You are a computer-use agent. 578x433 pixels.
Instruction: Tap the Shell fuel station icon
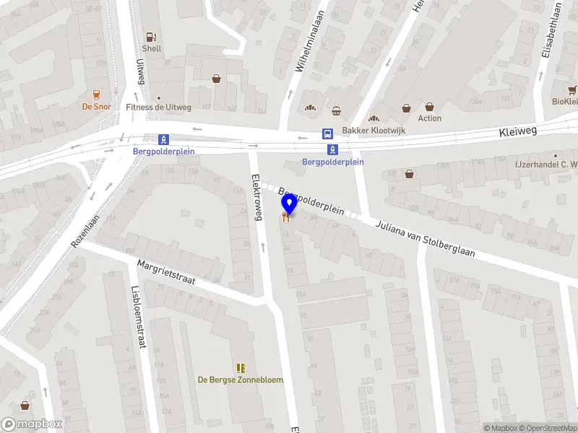pos(151,36)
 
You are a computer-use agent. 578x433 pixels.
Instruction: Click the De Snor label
pos(95,106)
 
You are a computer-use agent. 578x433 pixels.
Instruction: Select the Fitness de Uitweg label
pos(158,108)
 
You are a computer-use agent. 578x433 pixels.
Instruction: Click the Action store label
pos(429,118)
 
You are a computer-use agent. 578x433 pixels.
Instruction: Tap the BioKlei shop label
pos(564,102)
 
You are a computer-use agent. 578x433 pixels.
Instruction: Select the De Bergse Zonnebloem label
pos(241,380)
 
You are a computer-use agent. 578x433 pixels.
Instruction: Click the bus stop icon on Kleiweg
pos(327,134)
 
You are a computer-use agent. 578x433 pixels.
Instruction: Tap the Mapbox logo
pos(32,424)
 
